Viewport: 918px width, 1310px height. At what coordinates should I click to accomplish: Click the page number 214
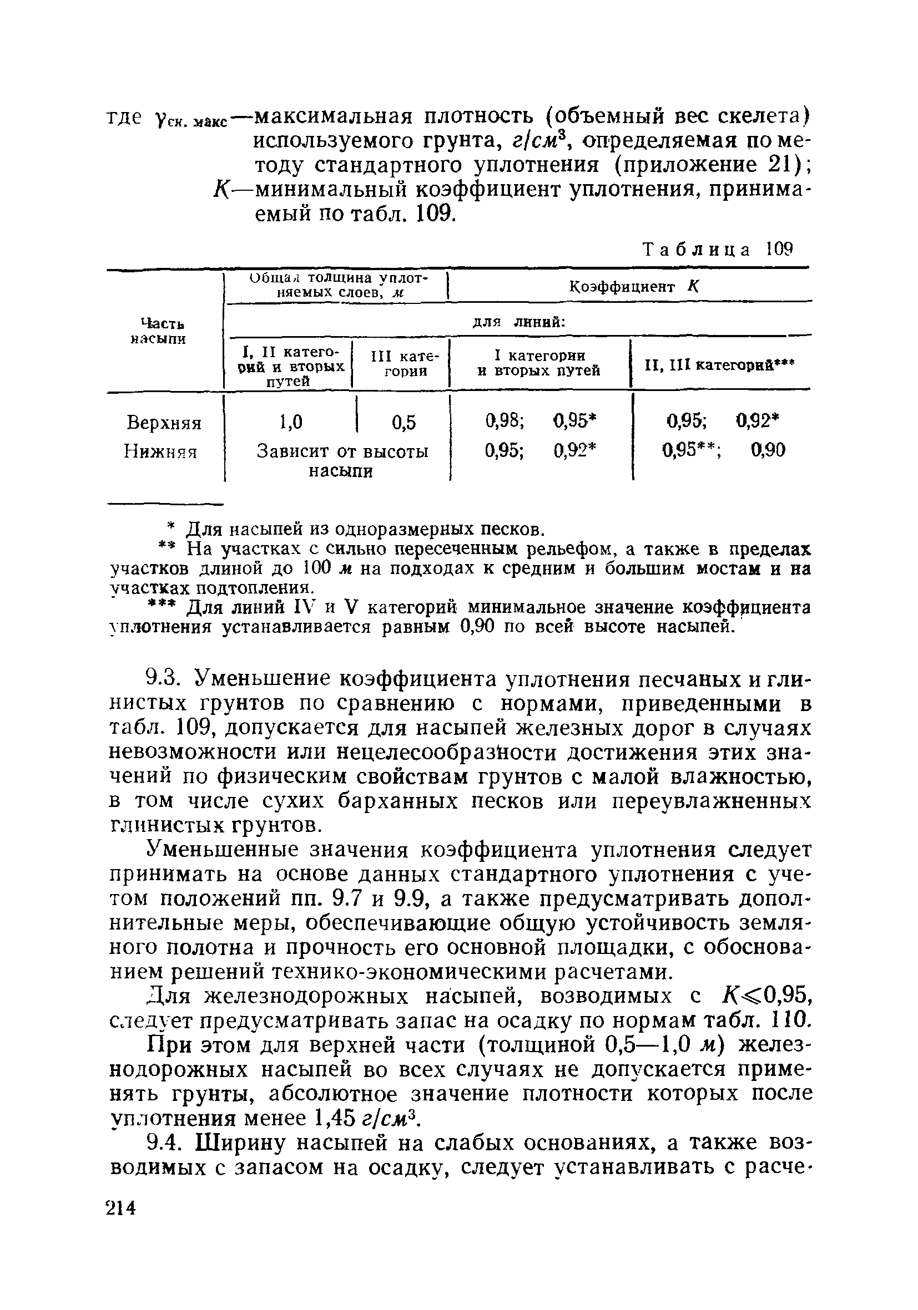pyautogui.click(x=121, y=1208)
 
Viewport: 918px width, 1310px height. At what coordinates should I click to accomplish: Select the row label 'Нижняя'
pyautogui.click(x=160, y=452)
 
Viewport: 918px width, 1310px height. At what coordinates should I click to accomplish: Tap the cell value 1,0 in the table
pyautogui.click(x=291, y=422)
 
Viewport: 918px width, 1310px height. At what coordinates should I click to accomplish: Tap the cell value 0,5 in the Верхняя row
pyautogui.click(x=403, y=423)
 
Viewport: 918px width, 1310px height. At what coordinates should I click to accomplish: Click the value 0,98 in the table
pyautogui.click(x=505, y=421)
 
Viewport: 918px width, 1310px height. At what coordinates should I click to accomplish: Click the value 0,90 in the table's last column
pyautogui.click(x=768, y=451)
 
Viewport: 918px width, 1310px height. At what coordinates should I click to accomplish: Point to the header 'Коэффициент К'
pyautogui.click(x=634, y=287)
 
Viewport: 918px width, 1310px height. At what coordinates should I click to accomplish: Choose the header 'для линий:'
pyautogui.click(x=519, y=322)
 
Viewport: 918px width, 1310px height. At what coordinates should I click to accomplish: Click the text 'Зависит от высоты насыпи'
pyautogui.click(x=342, y=461)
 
